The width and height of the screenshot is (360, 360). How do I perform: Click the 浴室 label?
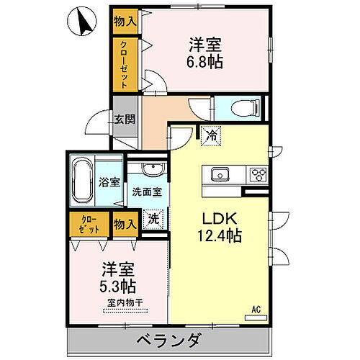point(109,182)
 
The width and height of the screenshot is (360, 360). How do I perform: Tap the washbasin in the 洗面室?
point(152,171)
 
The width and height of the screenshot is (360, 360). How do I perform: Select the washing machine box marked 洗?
point(152,216)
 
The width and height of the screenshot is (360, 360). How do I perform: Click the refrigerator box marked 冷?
point(211,134)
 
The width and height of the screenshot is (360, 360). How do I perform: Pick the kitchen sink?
point(219,174)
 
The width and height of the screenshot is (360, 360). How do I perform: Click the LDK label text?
point(217,219)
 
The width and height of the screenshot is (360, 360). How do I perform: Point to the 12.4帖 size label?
point(217,235)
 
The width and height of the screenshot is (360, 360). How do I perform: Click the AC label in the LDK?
point(255,310)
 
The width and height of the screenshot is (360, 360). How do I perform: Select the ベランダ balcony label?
point(167,341)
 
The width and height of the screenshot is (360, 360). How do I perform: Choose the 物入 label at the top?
point(125,22)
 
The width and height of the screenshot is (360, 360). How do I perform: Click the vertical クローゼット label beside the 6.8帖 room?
point(125,63)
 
